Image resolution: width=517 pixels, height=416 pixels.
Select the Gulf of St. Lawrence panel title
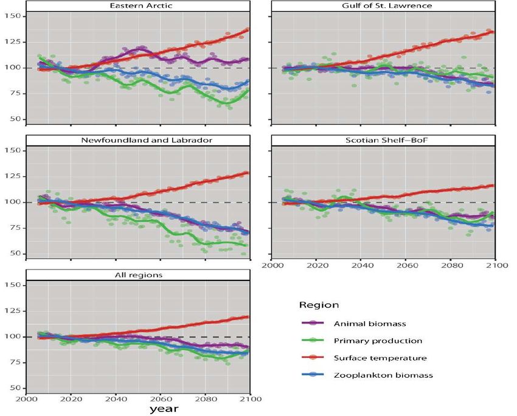point(384,5)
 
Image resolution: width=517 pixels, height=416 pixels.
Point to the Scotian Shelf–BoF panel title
point(384,140)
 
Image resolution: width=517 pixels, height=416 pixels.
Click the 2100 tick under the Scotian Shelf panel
point(496,266)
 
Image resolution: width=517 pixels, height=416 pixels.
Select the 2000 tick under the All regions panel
point(26,400)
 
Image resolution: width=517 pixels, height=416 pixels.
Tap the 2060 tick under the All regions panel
point(161,400)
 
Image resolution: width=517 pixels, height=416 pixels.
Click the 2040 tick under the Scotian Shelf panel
point(361,266)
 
